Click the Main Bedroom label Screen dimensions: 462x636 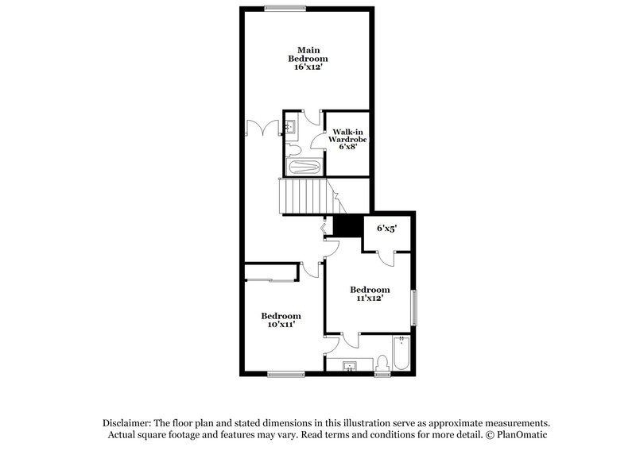[x=307, y=54]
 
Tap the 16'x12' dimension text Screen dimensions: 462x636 [x=307, y=68]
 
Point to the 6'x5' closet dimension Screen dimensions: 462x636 [x=387, y=227]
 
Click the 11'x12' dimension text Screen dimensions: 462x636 [x=370, y=298]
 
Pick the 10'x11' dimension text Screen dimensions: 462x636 [x=281, y=325]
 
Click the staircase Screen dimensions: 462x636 [x=302, y=196]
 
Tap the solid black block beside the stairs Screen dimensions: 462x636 [x=347, y=226]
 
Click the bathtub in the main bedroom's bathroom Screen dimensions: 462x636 [x=303, y=167]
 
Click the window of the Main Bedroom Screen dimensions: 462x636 [x=285, y=10]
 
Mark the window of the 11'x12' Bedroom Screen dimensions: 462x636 [x=413, y=306]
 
